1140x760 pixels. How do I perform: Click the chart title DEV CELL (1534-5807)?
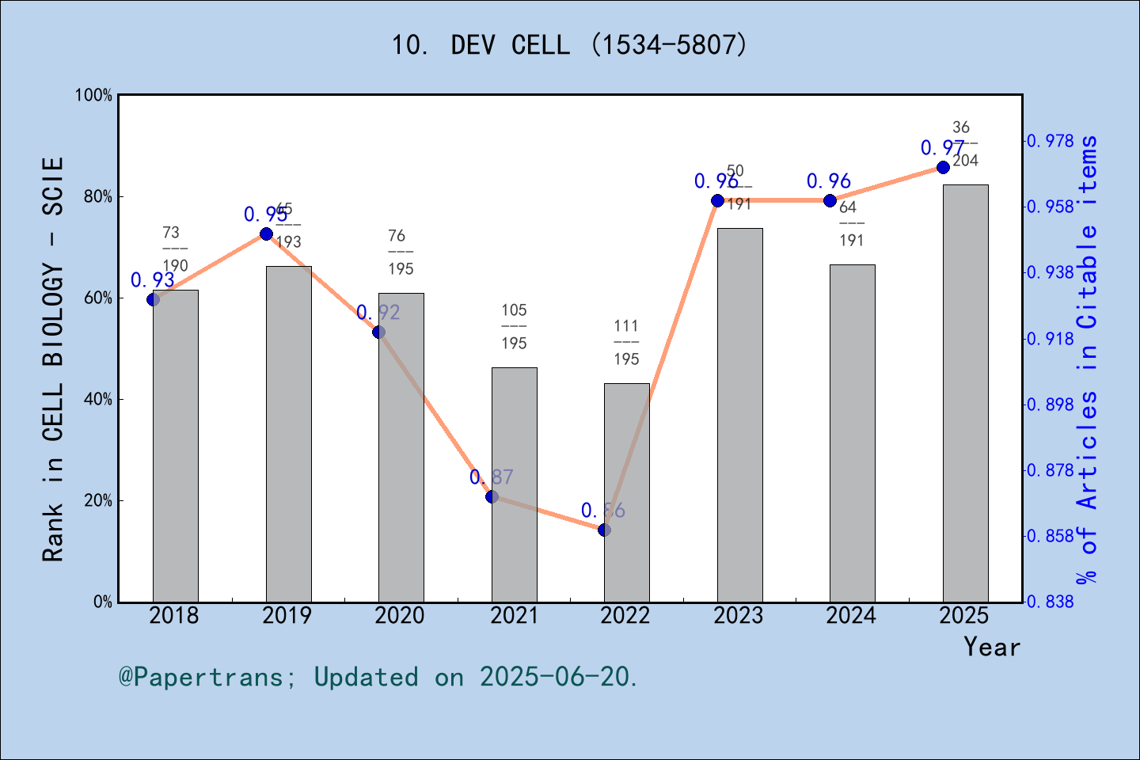coord(569,45)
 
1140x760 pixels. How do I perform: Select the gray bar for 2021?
coord(514,484)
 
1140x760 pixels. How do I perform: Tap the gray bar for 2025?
coord(965,393)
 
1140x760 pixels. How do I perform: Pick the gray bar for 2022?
coord(626,492)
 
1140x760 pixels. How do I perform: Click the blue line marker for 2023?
coord(717,200)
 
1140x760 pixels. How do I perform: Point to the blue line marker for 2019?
coord(267,234)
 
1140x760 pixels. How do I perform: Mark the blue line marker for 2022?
coord(605,530)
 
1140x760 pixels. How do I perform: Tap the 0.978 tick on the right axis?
coord(1051,141)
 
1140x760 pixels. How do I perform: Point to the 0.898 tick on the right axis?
coord(1051,405)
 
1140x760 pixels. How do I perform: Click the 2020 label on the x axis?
coord(400,616)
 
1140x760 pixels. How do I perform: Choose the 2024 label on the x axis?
coord(851,616)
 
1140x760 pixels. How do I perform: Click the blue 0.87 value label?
coord(492,477)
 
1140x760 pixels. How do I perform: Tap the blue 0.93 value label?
coord(153,279)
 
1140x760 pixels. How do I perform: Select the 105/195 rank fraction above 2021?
coord(514,326)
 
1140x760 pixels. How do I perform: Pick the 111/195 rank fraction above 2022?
coord(626,342)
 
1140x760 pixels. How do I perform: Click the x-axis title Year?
coord(991,647)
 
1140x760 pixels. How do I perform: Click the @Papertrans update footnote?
coord(378,677)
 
